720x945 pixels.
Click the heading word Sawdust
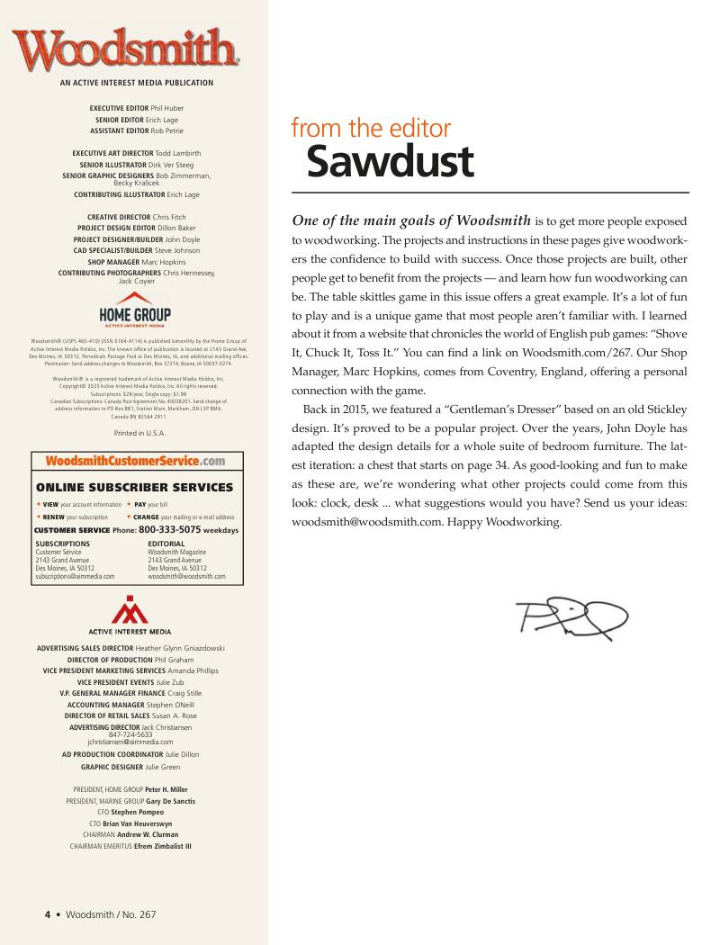[x=389, y=161]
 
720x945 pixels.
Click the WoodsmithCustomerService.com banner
[x=135, y=462]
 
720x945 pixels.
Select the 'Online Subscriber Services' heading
[x=135, y=487]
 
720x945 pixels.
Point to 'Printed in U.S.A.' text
[x=135, y=431]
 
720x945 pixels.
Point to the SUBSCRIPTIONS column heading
[x=63, y=544]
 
